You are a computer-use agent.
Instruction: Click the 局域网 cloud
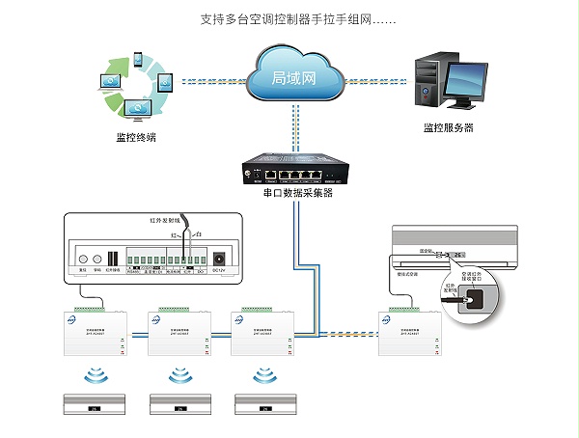click(293, 77)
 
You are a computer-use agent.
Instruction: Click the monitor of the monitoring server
click(468, 80)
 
